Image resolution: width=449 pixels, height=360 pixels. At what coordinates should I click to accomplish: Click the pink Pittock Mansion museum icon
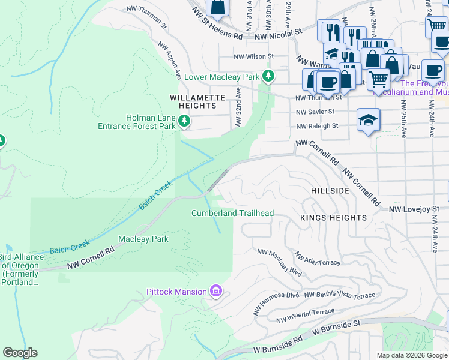216,292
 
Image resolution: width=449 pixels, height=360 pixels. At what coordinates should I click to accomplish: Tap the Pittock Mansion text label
177,292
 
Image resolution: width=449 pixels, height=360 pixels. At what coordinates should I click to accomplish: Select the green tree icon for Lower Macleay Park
270,76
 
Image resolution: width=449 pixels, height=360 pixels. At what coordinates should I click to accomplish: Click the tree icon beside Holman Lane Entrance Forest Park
184,122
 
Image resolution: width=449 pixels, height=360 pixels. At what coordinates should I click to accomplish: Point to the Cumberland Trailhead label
232,213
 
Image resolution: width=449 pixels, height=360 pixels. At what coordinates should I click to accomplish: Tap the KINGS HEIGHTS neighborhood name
333,218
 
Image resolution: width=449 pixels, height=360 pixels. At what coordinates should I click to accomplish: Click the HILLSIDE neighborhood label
330,190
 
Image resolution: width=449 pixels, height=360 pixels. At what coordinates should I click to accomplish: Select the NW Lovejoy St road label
414,209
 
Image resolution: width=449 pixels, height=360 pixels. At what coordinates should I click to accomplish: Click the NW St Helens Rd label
217,36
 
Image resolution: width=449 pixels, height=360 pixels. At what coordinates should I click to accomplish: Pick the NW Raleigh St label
317,126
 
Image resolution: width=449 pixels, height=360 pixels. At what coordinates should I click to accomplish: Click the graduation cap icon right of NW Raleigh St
368,120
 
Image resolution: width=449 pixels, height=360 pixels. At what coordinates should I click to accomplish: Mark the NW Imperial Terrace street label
305,316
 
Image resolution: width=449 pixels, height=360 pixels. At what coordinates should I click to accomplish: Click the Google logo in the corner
20,353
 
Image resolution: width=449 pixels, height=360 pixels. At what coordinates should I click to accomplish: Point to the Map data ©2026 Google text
412,355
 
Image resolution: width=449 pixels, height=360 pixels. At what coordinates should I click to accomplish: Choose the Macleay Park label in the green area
143,239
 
